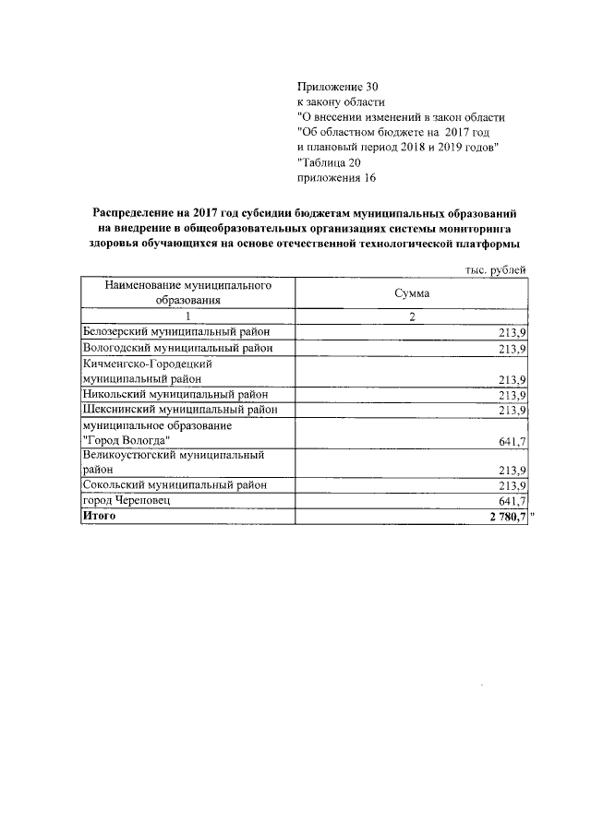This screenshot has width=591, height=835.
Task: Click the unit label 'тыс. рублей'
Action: tap(496, 269)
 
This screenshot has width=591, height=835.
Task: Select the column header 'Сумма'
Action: tap(413, 292)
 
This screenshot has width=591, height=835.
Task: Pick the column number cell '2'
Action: tap(413, 316)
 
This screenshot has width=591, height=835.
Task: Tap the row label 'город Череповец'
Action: tap(127, 500)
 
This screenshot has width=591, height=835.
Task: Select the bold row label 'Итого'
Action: tap(99, 517)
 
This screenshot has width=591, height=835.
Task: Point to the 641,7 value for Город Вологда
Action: tap(511, 442)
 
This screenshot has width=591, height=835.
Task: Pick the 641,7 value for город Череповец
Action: tap(511, 501)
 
